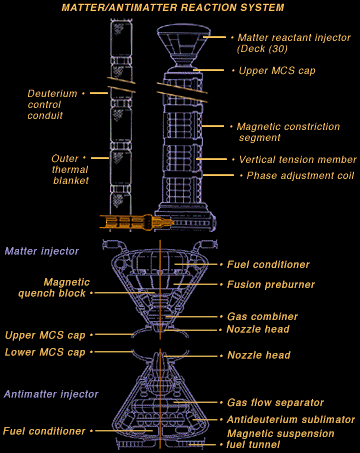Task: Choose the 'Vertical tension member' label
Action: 292,159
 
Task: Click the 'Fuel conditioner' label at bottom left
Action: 45,431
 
